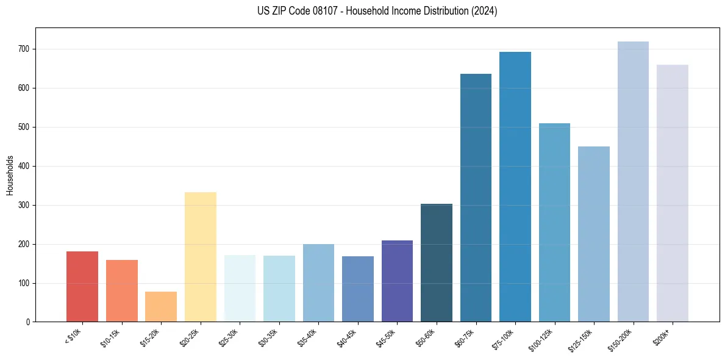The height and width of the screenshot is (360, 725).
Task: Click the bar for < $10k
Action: [82, 286]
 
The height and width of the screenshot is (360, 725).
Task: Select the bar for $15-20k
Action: [161, 306]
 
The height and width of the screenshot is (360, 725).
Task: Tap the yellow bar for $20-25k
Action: [200, 257]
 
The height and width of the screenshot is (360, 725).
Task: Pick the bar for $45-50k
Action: [397, 281]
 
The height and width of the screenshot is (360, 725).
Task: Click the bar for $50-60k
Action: [437, 262]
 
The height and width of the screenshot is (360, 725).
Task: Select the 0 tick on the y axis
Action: [29, 322]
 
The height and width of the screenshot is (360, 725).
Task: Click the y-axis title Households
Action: [10, 175]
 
